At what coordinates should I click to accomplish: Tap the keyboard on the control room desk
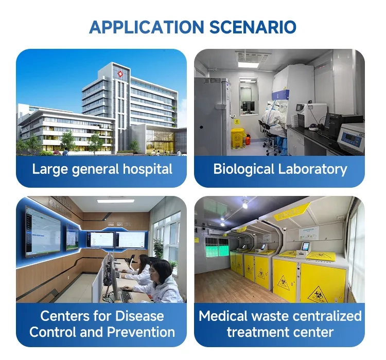click(x=125, y=295)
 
